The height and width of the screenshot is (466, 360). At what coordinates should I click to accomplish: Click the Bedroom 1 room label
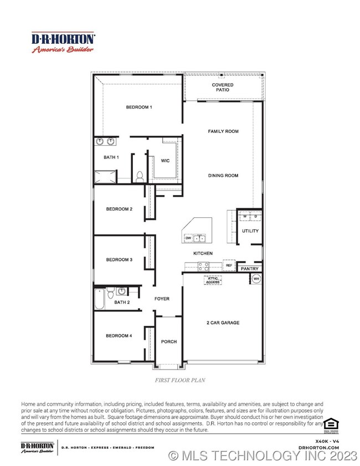138,107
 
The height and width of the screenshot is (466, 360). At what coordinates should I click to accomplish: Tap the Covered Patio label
223,88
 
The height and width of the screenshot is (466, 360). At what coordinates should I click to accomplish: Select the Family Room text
223,131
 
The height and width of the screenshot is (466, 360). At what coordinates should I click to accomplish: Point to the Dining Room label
223,176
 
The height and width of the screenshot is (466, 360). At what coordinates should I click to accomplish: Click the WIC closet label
165,160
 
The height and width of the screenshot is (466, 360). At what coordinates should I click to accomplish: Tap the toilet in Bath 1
140,177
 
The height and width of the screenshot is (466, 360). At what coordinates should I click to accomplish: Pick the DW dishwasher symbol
188,238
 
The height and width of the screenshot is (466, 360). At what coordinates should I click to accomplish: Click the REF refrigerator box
229,266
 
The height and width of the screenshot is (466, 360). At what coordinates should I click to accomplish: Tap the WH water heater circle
256,279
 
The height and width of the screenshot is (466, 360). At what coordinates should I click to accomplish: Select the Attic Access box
213,280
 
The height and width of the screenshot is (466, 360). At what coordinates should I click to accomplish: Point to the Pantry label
250,269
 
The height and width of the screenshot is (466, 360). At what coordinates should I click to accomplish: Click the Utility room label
250,231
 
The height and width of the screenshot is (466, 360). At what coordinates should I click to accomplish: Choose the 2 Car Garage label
223,322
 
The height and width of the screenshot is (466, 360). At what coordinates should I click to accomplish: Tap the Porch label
169,341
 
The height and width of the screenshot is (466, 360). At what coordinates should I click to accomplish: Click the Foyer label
162,299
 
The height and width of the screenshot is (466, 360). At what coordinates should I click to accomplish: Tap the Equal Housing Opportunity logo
330,424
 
